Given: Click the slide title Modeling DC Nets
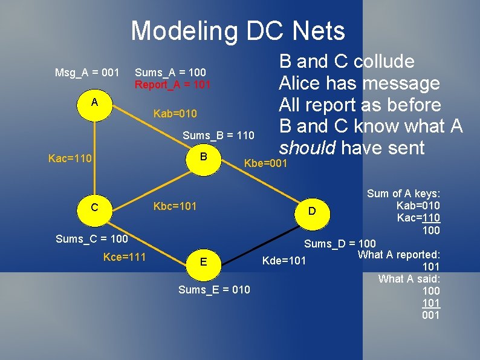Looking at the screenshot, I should tap(238, 30).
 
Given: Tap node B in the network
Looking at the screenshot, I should tap(204, 157).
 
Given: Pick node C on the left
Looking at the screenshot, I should tap(95, 208).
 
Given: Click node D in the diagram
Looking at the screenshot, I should tap(312, 211).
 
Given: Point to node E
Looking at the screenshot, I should tap(204, 261).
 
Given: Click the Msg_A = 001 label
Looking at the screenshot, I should tap(87, 73).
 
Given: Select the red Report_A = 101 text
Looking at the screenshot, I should tap(172, 85).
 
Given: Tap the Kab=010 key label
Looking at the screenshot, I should tap(175, 114).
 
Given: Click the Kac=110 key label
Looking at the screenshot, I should tap(70, 159).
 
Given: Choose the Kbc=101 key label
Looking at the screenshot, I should tap(175, 206).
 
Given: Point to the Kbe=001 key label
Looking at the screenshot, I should tap(265, 163).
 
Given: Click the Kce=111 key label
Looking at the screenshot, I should tap(124, 257).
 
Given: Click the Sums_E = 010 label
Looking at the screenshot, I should tap(214, 290).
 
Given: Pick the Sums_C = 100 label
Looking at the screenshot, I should tap(91, 239).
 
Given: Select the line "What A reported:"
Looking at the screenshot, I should tap(399, 254).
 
